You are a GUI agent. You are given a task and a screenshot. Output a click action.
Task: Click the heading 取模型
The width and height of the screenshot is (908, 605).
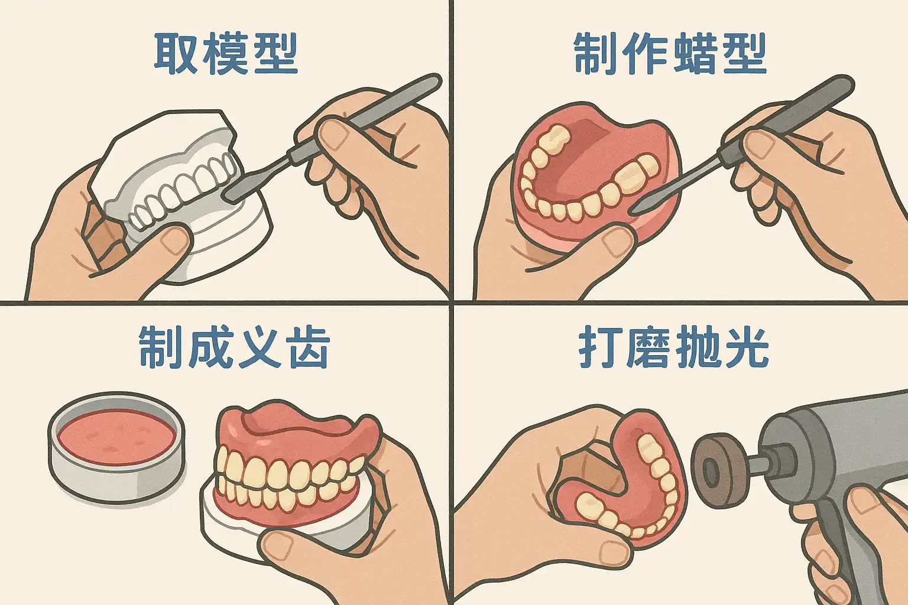click(x=226, y=54)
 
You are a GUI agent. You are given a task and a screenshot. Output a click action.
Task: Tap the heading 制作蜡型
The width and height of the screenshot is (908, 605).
click(x=670, y=54)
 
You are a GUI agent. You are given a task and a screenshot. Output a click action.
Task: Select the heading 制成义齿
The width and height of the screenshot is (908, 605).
click(x=234, y=347)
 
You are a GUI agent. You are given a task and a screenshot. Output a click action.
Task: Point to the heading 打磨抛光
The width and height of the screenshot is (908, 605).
click(x=673, y=347)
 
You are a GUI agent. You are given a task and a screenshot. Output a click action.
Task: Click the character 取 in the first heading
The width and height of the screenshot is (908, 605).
click(x=175, y=54)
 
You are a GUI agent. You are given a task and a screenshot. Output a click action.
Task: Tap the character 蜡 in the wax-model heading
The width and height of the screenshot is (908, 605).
click(x=695, y=54)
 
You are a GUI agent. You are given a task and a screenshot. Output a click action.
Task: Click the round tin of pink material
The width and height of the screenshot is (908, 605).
click(x=116, y=446)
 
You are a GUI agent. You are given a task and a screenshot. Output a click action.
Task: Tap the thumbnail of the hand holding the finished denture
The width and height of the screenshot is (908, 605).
click(x=278, y=545)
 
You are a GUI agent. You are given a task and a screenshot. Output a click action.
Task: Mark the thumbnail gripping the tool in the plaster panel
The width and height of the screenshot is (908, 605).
click(x=333, y=135)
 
